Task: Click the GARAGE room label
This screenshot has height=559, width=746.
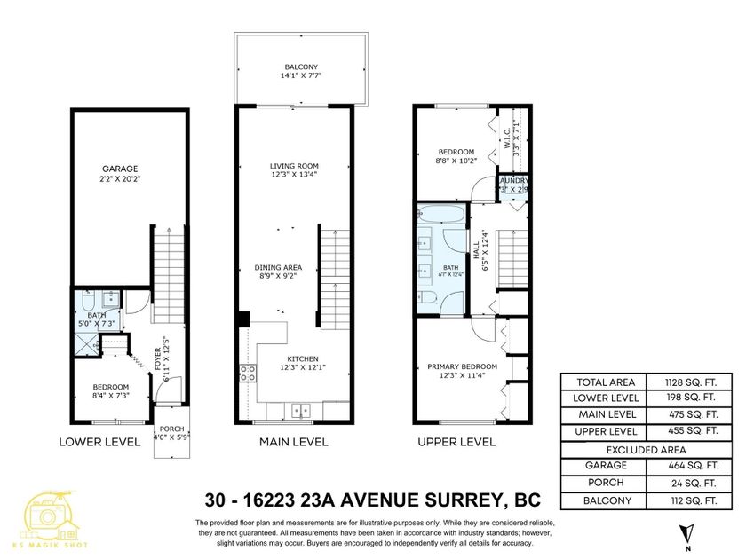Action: (119, 168)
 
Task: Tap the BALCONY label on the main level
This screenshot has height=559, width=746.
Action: (294, 67)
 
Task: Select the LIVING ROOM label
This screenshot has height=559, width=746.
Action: (294, 166)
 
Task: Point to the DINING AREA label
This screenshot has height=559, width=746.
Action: (279, 267)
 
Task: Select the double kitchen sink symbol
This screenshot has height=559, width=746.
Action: (300, 411)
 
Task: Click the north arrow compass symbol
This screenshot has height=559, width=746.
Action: (684, 532)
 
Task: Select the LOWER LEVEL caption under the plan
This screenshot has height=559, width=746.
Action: (99, 441)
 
